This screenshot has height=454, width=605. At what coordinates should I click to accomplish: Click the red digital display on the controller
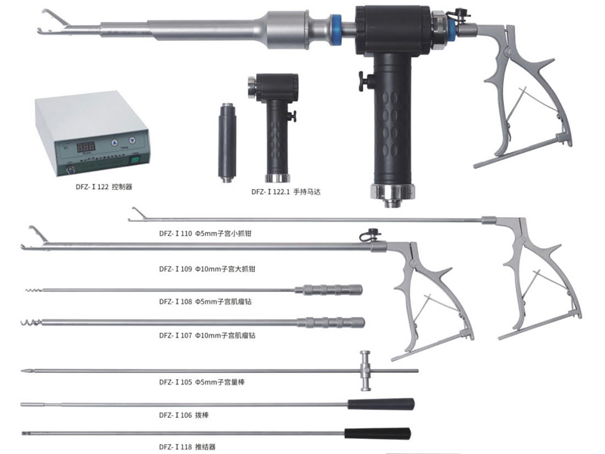[x=86, y=147]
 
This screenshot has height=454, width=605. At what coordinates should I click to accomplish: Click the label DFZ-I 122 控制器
[x=104, y=187]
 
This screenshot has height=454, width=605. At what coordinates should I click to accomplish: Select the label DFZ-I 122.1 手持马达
[x=286, y=191]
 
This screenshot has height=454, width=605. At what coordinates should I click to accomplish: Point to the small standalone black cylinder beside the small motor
[x=227, y=142]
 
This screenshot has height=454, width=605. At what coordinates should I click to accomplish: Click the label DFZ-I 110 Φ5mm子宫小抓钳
[x=205, y=234]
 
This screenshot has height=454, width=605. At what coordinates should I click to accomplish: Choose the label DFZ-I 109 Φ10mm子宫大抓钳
[x=207, y=269]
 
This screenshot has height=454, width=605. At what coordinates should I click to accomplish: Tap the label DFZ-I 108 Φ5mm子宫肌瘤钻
[x=205, y=301]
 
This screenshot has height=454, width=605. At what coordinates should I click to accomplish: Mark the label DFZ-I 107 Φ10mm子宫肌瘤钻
[x=207, y=335]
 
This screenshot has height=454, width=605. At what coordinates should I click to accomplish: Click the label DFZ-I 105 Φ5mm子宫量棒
[x=202, y=382]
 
